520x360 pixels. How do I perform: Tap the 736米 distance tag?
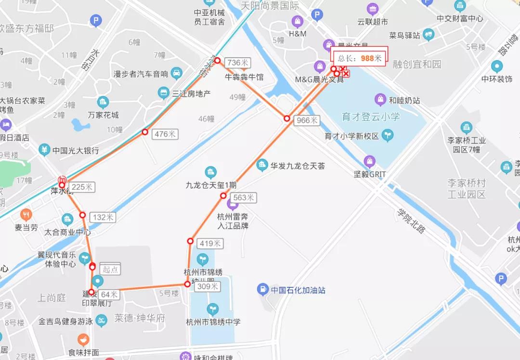click(x=237, y=63)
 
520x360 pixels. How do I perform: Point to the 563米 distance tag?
click(x=244, y=197)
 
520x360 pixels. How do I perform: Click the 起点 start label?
click(x=110, y=269)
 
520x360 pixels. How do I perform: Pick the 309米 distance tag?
click(x=208, y=286)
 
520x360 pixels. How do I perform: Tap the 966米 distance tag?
click(x=307, y=120)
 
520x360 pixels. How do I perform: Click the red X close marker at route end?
click(x=346, y=74)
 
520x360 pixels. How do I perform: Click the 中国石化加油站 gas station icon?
click(x=263, y=289)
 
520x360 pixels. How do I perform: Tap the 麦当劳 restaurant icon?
click(x=26, y=215)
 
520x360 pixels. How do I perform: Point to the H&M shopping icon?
click(x=298, y=22)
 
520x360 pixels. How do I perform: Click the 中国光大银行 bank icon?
click(x=44, y=150)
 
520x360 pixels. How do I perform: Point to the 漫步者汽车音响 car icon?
click(x=177, y=73)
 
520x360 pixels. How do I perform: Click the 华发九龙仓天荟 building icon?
click(x=262, y=166)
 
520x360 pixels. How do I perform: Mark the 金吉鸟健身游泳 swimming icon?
click(x=101, y=321)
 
